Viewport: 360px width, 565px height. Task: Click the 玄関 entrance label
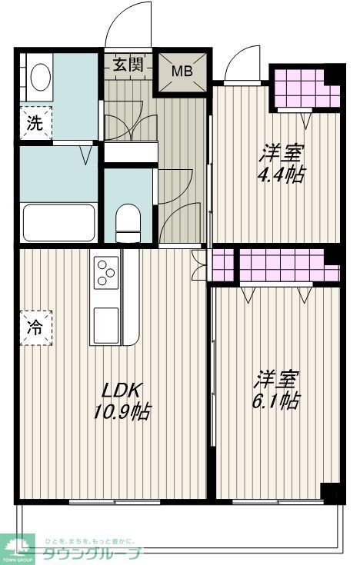click(x=128, y=65)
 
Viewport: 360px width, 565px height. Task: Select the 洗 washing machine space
click(x=35, y=121)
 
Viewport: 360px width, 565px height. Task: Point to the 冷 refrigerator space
click(x=35, y=326)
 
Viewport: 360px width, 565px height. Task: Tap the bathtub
click(x=60, y=222)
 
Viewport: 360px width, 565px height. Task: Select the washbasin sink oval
click(x=40, y=77)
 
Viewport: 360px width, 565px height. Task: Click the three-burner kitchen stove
click(x=106, y=272)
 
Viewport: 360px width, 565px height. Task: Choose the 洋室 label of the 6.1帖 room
click(x=277, y=378)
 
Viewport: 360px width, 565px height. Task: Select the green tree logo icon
click(x=23, y=547)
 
